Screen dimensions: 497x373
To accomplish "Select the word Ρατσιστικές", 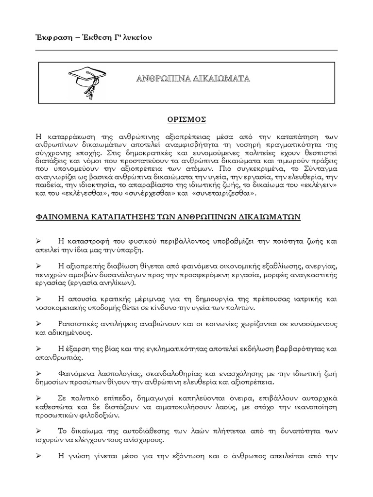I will (78, 324).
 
